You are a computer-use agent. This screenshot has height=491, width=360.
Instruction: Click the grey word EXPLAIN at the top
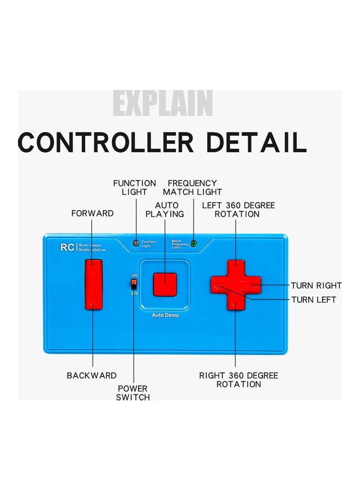click(x=163, y=103)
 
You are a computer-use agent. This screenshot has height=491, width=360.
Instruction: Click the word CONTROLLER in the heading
click(x=106, y=142)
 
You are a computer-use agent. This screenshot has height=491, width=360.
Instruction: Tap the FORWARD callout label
click(x=93, y=213)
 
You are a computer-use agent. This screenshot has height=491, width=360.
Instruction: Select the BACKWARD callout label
click(x=92, y=375)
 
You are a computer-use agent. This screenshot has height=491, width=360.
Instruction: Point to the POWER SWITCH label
click(x=133, y=393)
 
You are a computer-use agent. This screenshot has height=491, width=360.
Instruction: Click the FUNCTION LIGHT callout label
click(x=134, y=188)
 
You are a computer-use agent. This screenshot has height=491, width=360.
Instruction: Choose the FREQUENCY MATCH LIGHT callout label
click(x=193, y=188)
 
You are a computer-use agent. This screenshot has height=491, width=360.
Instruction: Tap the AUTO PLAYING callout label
click(x=165, y=209)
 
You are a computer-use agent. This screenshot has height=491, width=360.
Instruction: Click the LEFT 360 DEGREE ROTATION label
click(x=238, y=209)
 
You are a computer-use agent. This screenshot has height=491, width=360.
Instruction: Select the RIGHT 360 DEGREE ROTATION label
click(x=238, y=380)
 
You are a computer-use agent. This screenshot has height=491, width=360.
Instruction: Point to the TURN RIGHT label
click(x=316, y=285)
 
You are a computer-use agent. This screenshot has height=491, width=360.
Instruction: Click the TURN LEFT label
click(x=314, y=300)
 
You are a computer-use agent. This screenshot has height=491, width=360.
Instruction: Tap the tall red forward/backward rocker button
click(x=94, y=284)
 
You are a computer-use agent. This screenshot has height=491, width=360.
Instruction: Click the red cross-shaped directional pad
click(x=236, y=284)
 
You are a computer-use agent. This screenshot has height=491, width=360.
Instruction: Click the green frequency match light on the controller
click(x=193, y=243)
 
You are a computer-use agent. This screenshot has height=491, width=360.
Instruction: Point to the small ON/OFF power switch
click(x=133, y=284)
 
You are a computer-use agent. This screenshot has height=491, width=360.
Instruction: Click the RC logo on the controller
click(x=67, y=247)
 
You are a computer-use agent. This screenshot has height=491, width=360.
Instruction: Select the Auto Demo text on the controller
click(x=165, y=315)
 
